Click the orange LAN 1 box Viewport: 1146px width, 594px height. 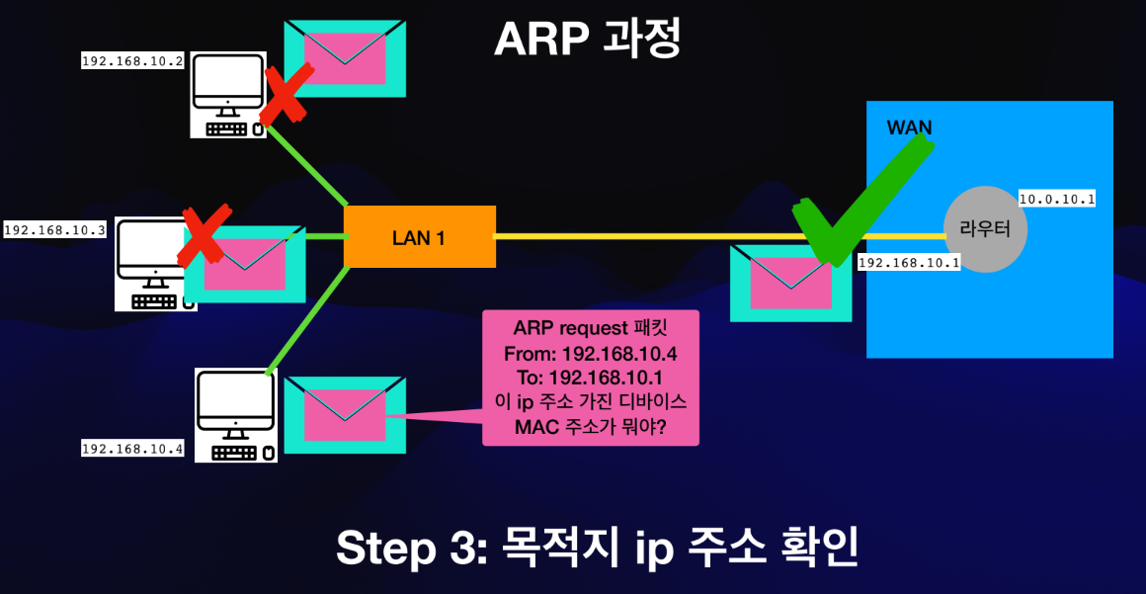click(419, 236)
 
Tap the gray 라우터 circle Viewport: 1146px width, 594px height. click(985, 229)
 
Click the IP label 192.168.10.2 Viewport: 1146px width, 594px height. click(133, 61)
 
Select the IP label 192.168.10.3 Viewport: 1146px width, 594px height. click(55, 230)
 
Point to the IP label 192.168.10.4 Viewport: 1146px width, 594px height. click(133, 449)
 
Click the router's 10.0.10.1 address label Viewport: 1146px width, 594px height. click(1057, 199)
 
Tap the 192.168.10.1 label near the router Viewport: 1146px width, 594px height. click(909, 263)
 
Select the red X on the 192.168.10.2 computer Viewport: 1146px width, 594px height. click(286, 93)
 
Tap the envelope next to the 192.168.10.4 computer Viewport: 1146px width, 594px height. click(345, 415)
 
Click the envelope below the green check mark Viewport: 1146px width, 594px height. click(790, 284)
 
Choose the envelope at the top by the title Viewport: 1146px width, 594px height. click(345, 58)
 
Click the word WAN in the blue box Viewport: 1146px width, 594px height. click(909, 127)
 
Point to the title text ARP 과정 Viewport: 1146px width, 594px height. click(587, 40)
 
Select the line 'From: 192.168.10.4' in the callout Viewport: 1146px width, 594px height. click(590, 353)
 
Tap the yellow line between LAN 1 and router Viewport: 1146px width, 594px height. click(642, 236)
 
